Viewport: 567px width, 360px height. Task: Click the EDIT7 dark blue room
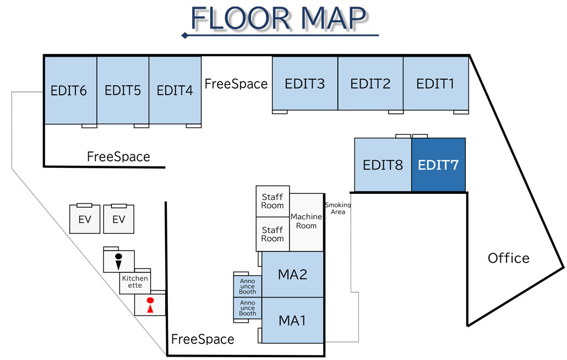(438, 165)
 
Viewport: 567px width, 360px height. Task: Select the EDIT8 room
(383, 165)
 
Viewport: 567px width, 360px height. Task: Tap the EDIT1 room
(435, 84)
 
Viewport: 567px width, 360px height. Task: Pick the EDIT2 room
(370, 84)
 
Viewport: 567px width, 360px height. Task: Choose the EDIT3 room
(305, 84)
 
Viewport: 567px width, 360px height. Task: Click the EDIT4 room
(175, 90)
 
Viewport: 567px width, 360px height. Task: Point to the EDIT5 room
(123, 90)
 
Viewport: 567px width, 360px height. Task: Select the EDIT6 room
(70, 90)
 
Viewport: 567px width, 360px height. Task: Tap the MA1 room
(292, 320)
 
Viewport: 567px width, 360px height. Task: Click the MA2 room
(292, 274)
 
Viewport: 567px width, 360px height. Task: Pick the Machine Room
(306, 221)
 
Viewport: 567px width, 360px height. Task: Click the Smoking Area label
(337, 208)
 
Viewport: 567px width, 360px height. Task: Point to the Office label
(509, 258)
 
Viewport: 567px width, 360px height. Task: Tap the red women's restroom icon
(149, 305)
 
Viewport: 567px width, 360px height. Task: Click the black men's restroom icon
(118, 261)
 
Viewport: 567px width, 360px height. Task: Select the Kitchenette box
(135, 282)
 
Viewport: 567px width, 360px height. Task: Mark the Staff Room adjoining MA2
(272, 234)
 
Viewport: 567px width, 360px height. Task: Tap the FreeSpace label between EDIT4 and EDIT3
(236, 84)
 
